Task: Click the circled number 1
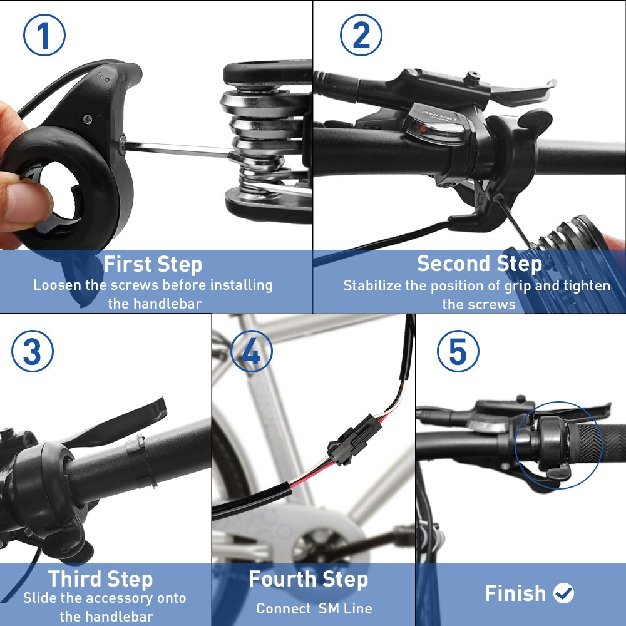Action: (x=44, y=36)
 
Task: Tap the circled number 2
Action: (x=361, y=36)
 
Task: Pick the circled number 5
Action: (x=458, y=352)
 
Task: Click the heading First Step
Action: (x=153, y=264)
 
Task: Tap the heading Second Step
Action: (x=480, y=264)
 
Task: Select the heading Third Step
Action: (x=100, y=579)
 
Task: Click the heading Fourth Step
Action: (x=308, y=579)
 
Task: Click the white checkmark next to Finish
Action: (x=564, y=593)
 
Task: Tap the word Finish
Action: (x=515, y=593)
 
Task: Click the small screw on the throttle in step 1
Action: (x=88, y=118)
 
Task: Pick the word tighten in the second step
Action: (x=586, y=286)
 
